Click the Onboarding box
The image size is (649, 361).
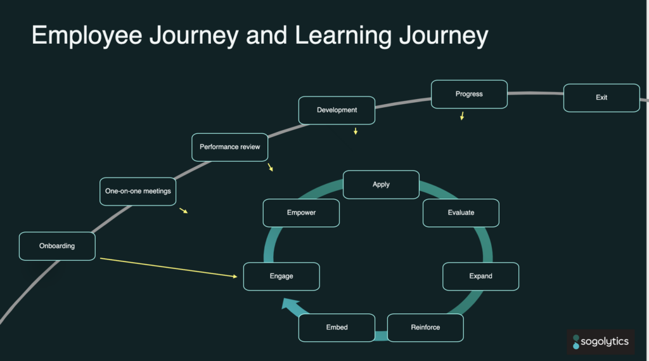click(x=57, y=246)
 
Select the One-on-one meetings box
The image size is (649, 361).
click(x=138, y=191)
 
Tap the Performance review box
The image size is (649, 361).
click(x=229, y=147)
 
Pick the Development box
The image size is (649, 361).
click(x=337, y=110)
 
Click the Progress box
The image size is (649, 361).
click(x=469, y=94)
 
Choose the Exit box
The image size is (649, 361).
click(x=601, y=98)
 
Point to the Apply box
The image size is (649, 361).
click(x=381, y=185)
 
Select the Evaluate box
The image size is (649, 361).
click(x=461, y=213)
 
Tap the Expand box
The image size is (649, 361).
click(x=480, y=277)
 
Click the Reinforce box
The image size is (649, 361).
click(x=425, y=327)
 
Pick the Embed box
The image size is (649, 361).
click(x=337, y=327)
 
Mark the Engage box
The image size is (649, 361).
click(x=281, y=277)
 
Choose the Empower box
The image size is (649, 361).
click(x=301, y=213)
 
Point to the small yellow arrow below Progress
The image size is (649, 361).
click(x=462, y=116)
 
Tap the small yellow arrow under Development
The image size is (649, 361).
click(x=356, y=131)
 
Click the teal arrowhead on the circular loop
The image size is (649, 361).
click(x=291, y=306)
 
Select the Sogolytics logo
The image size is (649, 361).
click(x=600, y=342)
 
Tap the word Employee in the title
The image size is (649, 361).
click(x=87, y=36)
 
